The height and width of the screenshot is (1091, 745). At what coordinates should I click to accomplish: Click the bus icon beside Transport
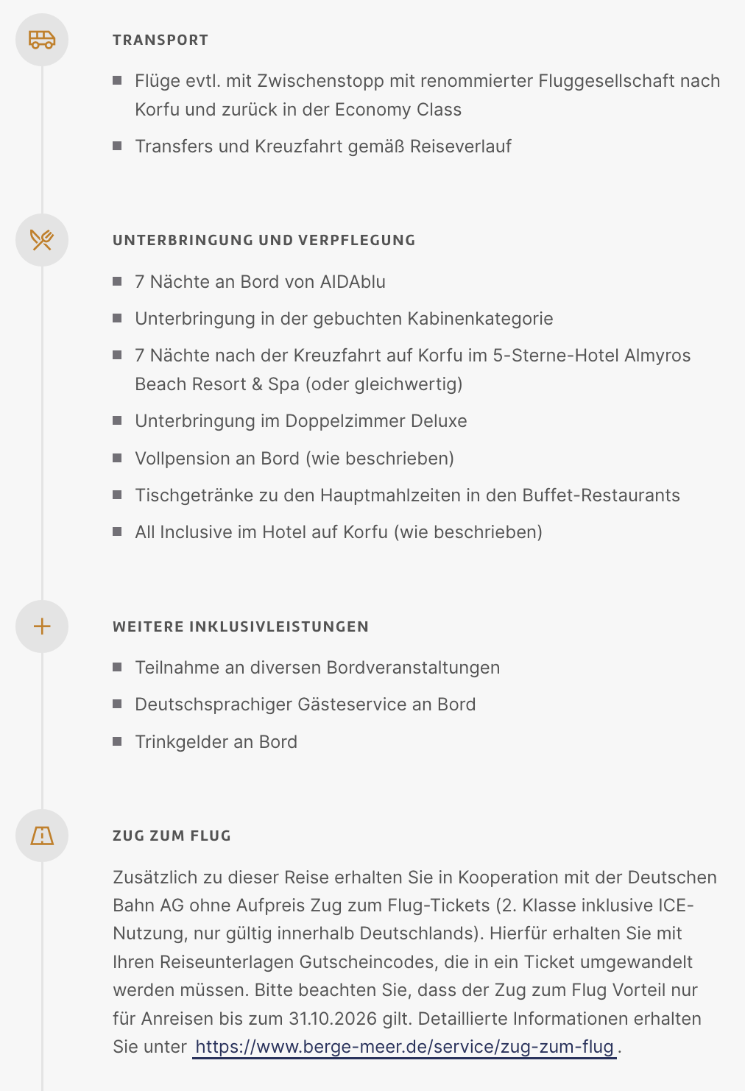click(x=42, y=39)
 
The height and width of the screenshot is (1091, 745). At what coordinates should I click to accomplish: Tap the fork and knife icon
click(x=42, y=239)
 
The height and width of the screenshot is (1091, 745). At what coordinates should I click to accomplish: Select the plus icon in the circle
click(x=42, y=626)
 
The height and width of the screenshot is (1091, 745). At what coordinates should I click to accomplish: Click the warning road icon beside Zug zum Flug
click(x=42, y=836)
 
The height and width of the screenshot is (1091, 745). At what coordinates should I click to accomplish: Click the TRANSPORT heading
click(x=160, y=40)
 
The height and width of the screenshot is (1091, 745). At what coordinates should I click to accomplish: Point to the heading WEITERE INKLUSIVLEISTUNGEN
click(x=241, y=626)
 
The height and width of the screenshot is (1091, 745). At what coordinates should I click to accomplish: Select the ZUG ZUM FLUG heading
click(x=172, y=836)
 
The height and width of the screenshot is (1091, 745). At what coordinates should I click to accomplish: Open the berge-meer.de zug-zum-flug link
click(x=404, y=1047)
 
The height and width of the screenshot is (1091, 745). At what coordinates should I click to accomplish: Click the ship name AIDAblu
click(x=353, y=282)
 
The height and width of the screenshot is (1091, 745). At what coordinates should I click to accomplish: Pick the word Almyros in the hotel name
click(x=657, y=356)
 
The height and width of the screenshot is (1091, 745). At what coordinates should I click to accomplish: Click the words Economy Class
click(x=398, y=110)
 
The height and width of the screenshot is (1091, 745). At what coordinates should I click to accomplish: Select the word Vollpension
click(x=181, y=459)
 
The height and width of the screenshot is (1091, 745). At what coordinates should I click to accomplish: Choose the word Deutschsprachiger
click(x=213, y=705)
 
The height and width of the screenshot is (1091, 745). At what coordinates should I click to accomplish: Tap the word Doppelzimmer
click(x=345, y=421)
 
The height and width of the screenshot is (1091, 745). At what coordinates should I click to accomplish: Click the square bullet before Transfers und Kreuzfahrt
click(x=117, y=146)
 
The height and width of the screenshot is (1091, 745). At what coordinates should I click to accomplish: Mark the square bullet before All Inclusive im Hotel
click(x=117, y=532)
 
